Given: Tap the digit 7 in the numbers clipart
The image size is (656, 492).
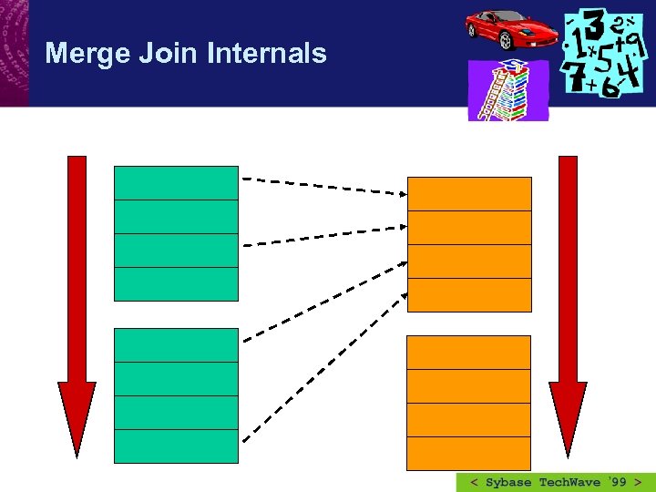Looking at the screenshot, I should coord(575,77).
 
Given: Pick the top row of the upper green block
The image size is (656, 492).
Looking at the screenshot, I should coord(176,182).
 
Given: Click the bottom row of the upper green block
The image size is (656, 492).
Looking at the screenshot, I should coord(176,284).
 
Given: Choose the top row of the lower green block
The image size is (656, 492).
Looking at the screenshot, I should coord(176,345).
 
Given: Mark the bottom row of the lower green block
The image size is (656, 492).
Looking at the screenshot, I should coord(176,446).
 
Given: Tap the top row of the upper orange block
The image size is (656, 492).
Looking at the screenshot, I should coord(468,194).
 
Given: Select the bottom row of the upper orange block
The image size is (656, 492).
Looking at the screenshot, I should coord(468,295).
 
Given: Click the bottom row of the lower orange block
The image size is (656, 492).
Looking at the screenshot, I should coord(468,454).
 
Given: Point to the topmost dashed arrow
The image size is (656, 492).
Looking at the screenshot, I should coord(324,186).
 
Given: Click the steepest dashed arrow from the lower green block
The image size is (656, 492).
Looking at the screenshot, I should coord(324,345).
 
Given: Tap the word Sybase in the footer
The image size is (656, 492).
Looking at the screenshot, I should coord(508,482).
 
